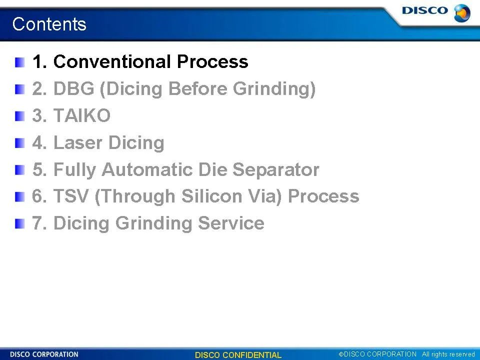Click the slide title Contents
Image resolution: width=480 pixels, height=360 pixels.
pyautogui.click(x=49, y=24)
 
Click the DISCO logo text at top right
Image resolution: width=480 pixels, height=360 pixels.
pyautogui.click(x=425, y=10)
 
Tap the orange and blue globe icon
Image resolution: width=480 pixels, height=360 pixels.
pyautogui.click(x=462, y=13)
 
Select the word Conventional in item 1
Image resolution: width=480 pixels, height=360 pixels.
pyautogui.click(x=111, y=61)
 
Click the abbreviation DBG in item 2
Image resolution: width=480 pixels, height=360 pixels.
pyautogui.click(x=74, y=88)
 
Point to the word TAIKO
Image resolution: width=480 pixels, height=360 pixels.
pyautogui.click(x=81, y=115)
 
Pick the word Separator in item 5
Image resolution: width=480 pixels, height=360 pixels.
pyautogui.click(x=276, y=169)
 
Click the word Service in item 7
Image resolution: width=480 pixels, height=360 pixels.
pyautogui.click(x=231, y=223)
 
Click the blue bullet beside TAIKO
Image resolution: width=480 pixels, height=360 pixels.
pyautogui.click(x=19, y=116)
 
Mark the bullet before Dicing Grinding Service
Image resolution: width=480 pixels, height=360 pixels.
pyautogui.click(x=19, y=224)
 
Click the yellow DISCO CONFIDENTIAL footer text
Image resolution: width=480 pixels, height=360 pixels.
pyautogui.click(x=238, y=355)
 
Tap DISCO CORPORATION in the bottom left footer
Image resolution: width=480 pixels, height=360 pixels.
pyautogui.click(x=44, y=354)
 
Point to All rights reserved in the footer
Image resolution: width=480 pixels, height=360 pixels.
pyautogui.click(x=448, y=354)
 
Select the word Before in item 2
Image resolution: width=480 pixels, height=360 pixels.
pyautogui.click(x=198, y=88)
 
